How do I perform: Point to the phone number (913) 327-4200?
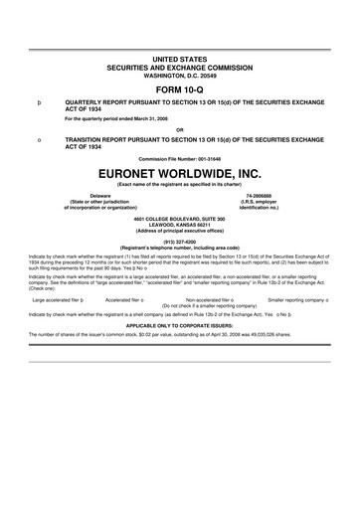coord(179,241)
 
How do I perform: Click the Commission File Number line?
coord(179,156)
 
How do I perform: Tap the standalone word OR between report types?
coord(179,128)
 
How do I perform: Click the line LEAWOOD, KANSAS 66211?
coord(179,224)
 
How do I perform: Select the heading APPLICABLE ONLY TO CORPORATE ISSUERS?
coord(179,324)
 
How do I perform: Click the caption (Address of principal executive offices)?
coord(179,230)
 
